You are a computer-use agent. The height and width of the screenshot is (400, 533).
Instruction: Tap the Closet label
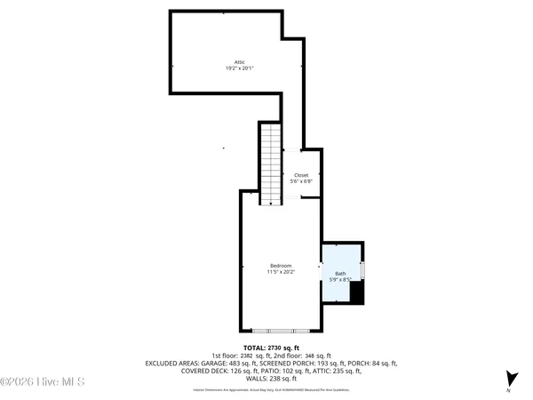301,175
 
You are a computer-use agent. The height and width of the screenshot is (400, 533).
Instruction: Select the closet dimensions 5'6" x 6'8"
301,181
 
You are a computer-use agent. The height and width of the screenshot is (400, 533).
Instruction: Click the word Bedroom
281,266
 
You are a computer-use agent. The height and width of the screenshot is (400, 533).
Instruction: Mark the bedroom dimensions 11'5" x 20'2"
281,272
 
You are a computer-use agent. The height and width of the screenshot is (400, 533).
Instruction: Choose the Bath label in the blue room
341,274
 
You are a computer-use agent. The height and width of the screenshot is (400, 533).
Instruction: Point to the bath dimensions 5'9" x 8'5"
341,280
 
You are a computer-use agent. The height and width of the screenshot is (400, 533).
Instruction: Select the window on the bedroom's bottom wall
280,330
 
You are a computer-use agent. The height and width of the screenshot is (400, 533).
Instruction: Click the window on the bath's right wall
363,269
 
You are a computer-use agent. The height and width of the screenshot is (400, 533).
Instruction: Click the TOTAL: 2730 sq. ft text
272,348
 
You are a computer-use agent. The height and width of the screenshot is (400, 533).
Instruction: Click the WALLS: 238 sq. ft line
271,378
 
